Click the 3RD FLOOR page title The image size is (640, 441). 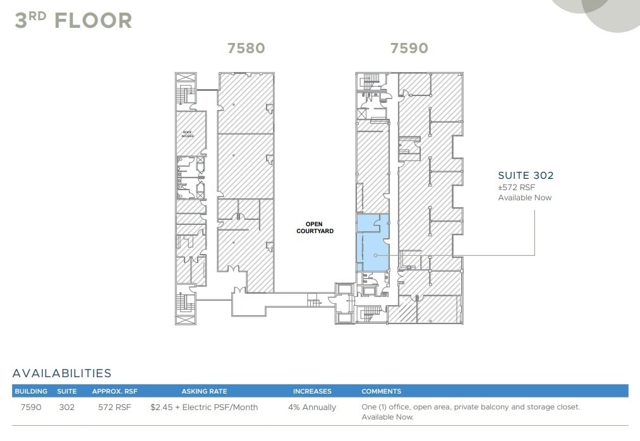tap(73, 20)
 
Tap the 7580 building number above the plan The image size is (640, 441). tap(246, 48)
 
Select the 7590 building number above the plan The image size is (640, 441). tap(409, 48)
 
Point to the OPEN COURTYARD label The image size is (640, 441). tap(314, 227)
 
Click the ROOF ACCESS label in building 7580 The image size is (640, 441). tap(188, 134)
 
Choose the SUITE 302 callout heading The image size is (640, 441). tap(525, 176)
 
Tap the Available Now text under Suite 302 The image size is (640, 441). tap(524, 198)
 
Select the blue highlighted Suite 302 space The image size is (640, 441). tap(371, 246)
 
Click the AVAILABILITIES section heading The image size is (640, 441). tap(62, 373)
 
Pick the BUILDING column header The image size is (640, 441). tap(31, 391)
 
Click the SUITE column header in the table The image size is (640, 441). tap(67, 391)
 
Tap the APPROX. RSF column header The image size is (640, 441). tap(114, 391)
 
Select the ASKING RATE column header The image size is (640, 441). tap(204, 391)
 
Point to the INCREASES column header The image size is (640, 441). tap(312, 391)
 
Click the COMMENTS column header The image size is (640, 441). tap(381, 391)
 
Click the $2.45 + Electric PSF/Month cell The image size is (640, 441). tap(204, 408)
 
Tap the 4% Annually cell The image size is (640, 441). tap(312, 408)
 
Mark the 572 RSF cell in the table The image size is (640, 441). tap(114, 408)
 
